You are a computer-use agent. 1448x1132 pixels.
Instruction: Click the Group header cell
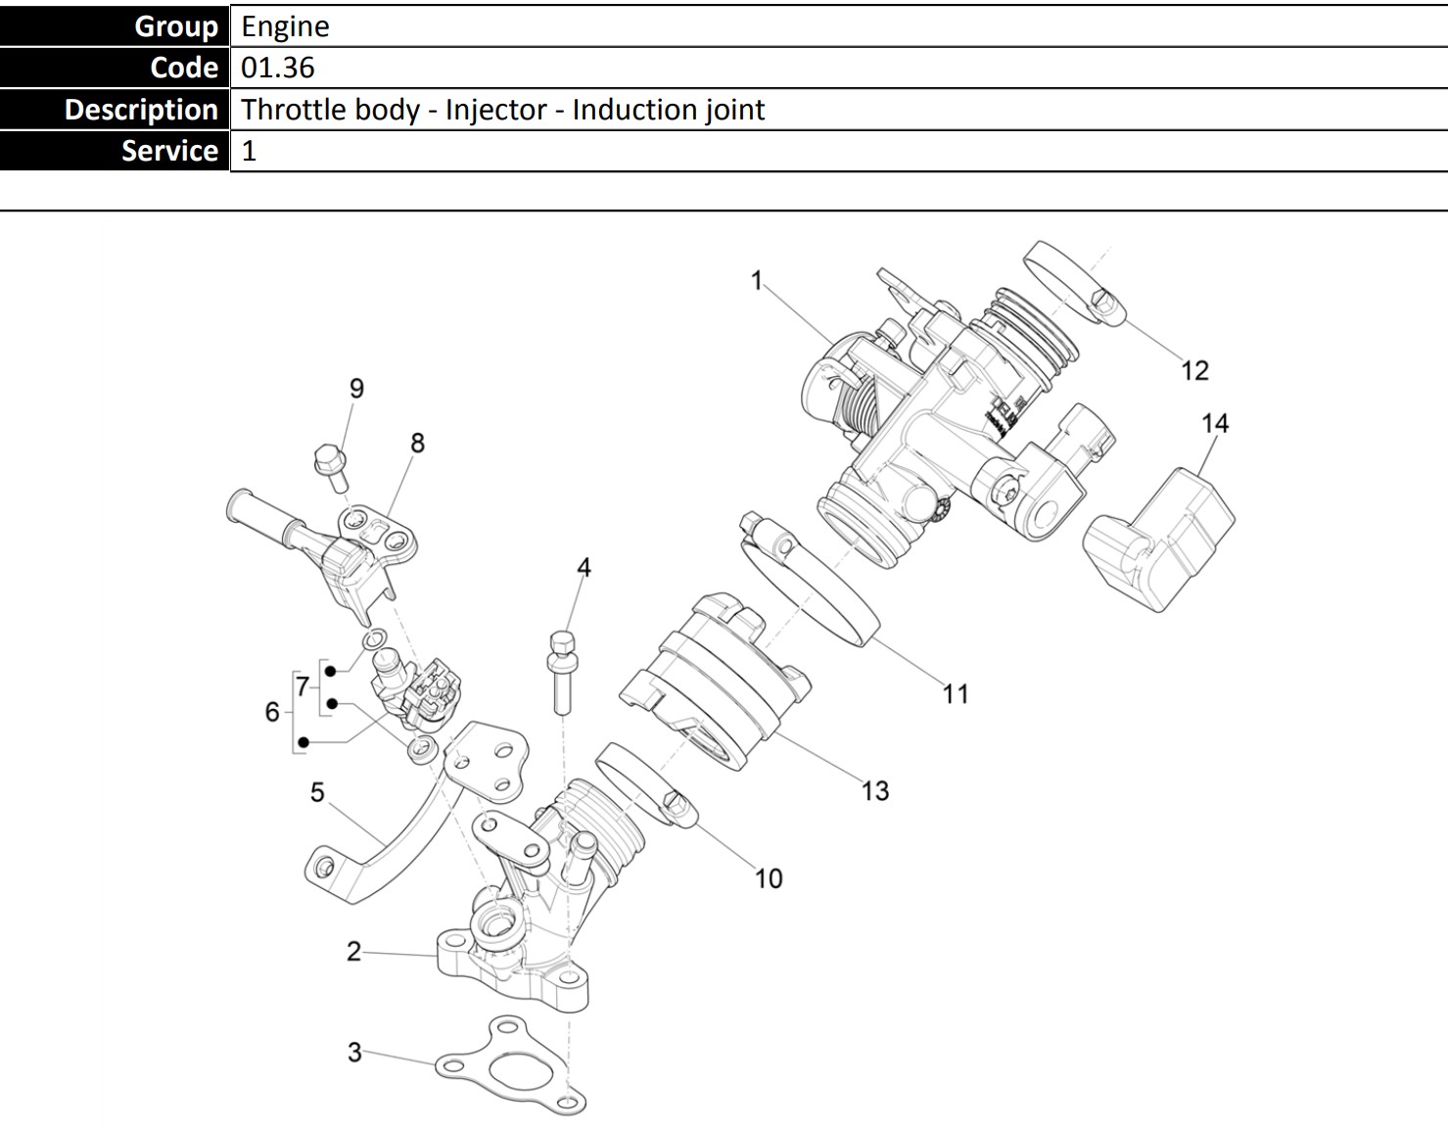pyautogui.click(x=115, y=26)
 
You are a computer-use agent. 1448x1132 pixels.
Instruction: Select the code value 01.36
pyautogui.click(x=278, y=68)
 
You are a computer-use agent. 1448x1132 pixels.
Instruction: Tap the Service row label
pyautogui.click(x=115, y=151)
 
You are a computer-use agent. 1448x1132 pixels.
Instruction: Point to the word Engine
pyautogui.click(x=285, y=26)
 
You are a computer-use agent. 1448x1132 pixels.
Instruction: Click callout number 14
pyautogui.click(x=1214, y=423)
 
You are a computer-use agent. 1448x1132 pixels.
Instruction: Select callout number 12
pyautogui.click(x=1194, y=370)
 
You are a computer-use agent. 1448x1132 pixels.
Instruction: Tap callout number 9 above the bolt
pyautogui.click(x=356, y=389)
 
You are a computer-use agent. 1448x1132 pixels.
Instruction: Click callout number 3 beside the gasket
pyautogui.click(x=354, y=1053)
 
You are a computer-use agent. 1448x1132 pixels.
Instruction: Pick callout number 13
pyautogui.click(x=874, y=790)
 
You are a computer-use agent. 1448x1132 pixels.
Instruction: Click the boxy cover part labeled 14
pyautogui.click(x=1161, y=539)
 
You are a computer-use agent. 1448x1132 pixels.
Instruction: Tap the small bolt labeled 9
pyautogui.click(x=328, y=467)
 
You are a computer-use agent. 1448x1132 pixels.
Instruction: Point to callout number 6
pyautogui.click(x=272, y=712)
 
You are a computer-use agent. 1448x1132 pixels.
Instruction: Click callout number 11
pyautogui.click(x=956, y=694)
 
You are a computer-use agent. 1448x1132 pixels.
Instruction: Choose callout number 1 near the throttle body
pyautogui.click(x=756, y=281)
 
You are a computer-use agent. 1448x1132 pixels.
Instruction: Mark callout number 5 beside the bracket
pyautogui.click(x=317, y=792)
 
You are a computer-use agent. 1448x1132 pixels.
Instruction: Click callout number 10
pyautogui.click(x=769, y=878)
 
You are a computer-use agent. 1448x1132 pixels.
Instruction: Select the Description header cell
pyautogui.click(x=115, y=110)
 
